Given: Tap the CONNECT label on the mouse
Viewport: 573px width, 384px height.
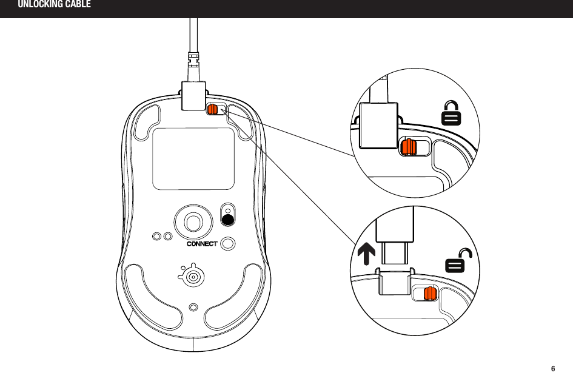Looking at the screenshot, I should pos(201,244).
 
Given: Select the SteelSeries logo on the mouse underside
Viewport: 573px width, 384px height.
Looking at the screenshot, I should pos(192,275).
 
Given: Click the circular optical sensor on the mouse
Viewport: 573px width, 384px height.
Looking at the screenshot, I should pos(193,221).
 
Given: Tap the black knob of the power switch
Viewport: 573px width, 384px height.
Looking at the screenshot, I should pos(228,220).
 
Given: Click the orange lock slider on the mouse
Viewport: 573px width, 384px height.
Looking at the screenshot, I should pos(213,109).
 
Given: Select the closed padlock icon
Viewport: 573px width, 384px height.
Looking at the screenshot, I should pos(450,113).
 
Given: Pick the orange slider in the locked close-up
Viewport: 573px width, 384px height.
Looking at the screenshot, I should pos(407,147).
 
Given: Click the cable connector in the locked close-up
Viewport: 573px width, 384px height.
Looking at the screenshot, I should pos(378,125).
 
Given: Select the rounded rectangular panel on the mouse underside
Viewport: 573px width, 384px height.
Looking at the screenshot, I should pos(193,158).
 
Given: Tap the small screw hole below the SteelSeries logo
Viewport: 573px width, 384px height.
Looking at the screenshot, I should pos(193,307).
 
